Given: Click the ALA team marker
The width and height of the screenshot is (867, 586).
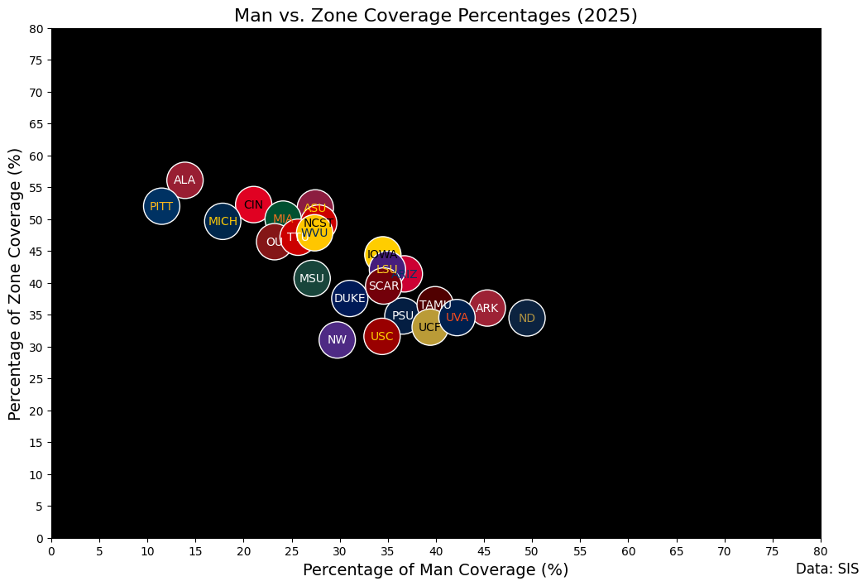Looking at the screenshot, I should coord(184,180).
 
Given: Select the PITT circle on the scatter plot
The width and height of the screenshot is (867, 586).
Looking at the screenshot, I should coord(161,206).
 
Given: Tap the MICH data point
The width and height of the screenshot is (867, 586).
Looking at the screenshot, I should coord(223,221).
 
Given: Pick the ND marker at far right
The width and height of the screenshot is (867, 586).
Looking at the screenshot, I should coord(527,318).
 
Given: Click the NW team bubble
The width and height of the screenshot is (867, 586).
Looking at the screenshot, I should coord(337,339).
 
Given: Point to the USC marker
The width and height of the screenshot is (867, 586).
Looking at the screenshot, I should coord(381,336).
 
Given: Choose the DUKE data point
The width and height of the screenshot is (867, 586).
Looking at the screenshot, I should coord(349,298).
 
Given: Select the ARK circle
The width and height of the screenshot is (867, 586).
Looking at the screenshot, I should coord(487,308).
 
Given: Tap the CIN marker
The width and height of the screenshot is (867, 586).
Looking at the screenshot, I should coord(253,204).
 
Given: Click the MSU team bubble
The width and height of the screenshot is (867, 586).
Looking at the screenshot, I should coord(312,278).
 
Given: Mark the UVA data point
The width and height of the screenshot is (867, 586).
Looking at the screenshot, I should coord(457,317).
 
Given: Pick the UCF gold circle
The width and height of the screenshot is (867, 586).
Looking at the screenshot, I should coord(429,327).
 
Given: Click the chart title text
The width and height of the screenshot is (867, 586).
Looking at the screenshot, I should coord(435,16).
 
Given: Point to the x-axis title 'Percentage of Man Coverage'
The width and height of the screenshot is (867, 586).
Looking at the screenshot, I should coord(435,569).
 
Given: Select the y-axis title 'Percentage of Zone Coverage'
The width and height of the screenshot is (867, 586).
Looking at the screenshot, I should coord(16,284).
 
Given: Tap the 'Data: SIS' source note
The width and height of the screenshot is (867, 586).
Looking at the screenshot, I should coord(827,569).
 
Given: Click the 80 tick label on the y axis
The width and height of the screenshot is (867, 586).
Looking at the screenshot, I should coord(36,29).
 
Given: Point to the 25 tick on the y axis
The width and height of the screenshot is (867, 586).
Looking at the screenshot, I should coord(36,379).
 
